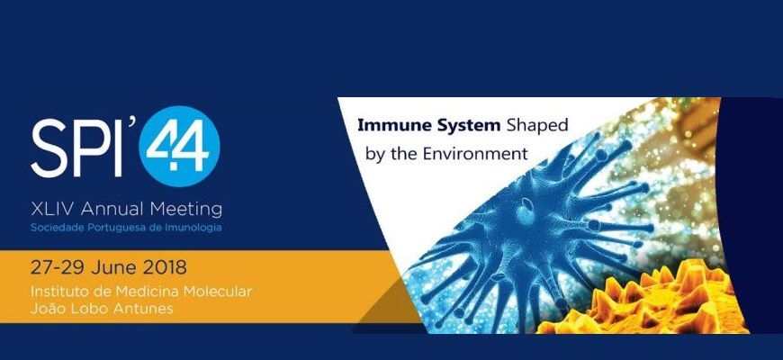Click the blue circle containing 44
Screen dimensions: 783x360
coord(179,147)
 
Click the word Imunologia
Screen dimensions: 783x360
coord(197,228)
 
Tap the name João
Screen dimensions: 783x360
coord(47,308)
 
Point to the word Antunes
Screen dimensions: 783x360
coord(146,309)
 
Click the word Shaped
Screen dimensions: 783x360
coord(537,126)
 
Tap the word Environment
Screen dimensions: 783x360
coord(475,153)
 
